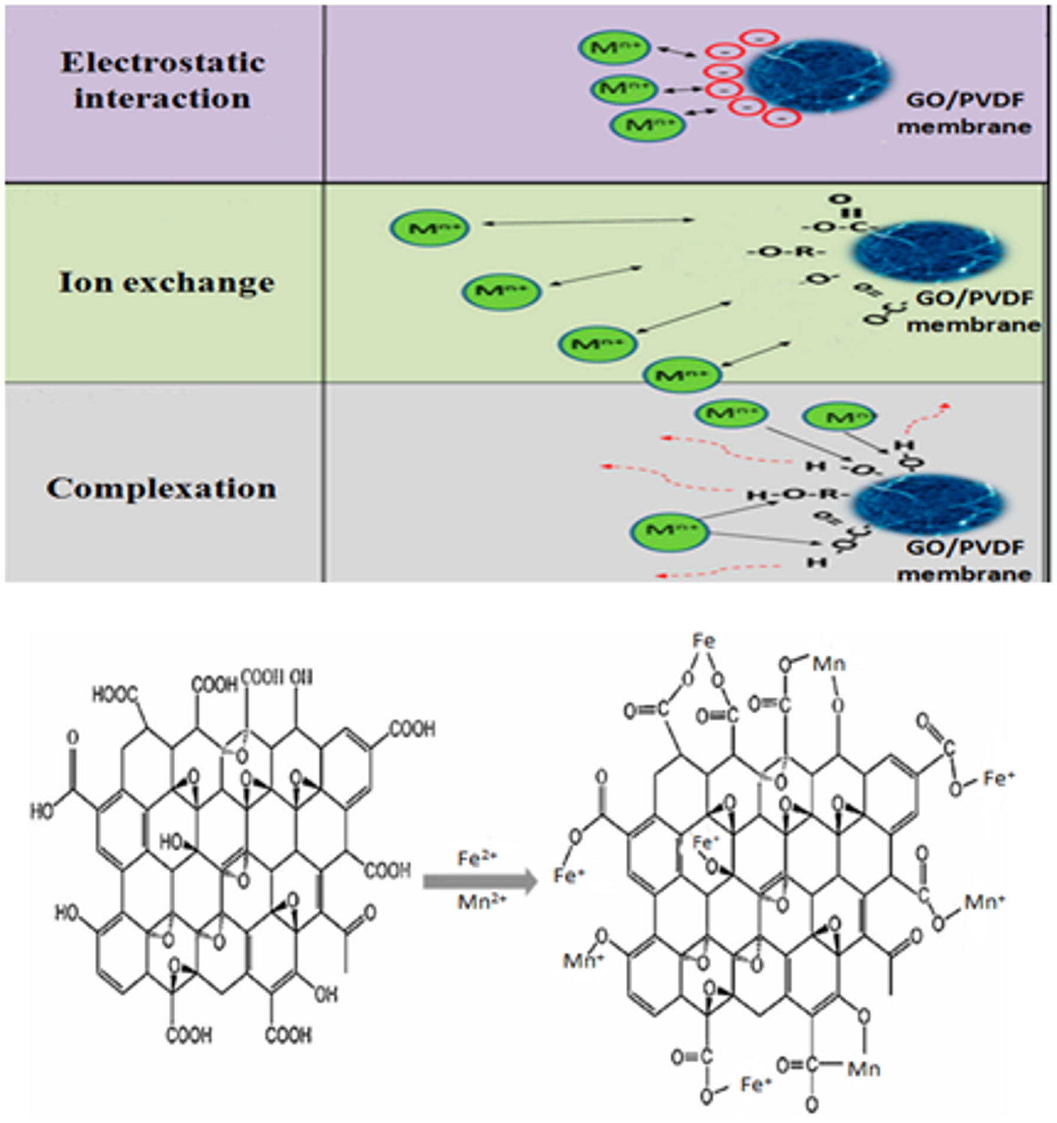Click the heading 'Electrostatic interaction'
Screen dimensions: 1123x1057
tap(163, 80)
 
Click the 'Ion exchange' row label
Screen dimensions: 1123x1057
tap(167, 282)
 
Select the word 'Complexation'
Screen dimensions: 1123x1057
tap(162, 488)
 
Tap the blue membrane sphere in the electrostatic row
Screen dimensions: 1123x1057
tap(820, 75)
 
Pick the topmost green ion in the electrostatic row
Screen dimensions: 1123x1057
tap(614, 48)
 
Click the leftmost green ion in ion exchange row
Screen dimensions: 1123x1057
tap(429, 228)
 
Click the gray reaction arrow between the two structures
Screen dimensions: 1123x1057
tap(480, 881)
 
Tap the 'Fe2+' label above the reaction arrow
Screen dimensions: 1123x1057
tap(477, 858)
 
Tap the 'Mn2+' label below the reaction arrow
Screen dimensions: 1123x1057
tap(482, 903)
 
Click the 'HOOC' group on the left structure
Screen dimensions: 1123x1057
tap(114, 695)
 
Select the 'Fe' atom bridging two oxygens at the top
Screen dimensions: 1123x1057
tap(704, 641)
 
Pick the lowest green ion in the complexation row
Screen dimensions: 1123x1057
tap(669, 531)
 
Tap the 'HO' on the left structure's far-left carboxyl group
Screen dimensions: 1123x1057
tap(42, 812)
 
